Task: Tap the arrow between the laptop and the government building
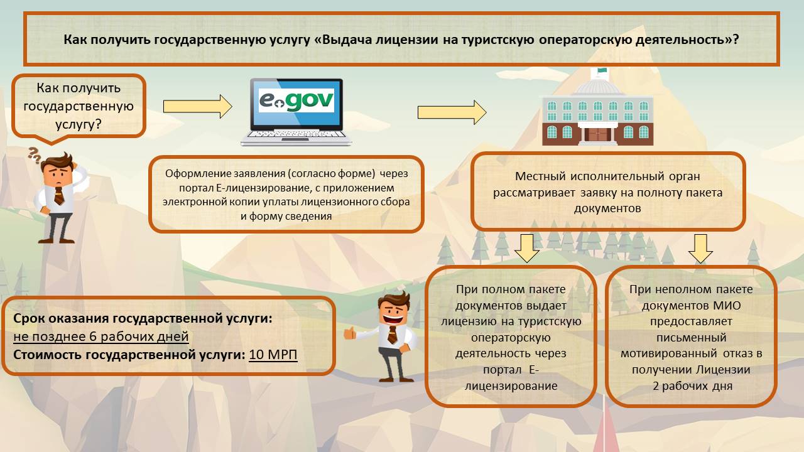(x=452, y=112)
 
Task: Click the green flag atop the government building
(x=602, y=71)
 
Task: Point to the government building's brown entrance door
(x=596, y=134)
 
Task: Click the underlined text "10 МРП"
(x=273, y=355)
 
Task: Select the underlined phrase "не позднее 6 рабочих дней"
(x=101, y=336)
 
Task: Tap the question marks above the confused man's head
(x=35, y=154)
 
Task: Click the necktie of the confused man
(x=58, y=195)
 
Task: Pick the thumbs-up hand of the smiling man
(x=349, y=333)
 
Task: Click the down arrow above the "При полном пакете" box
(x=526, y=247)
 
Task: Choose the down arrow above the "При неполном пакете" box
(x=700, y=247)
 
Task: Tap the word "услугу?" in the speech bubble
(x=79, y=124)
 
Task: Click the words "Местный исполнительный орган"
(x=607, y=177)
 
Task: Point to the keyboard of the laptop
(x=296, y=136)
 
